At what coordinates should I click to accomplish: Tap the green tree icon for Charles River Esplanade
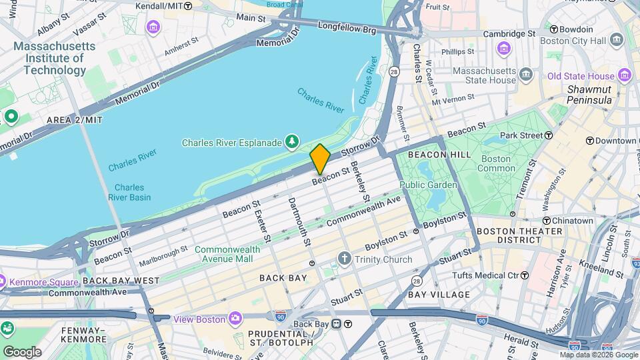(x=291, y=141)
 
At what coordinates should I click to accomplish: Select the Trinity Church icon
(x=344, y=259)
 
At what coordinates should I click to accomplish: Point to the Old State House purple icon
(x=625, y=75)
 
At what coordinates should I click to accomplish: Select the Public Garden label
(x=428, y=185)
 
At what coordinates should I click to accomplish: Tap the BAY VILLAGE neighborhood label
(x=439, y=294)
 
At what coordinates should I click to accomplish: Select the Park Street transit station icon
(x=548, y=135)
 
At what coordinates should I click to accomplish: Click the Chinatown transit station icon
(x=546, y=221)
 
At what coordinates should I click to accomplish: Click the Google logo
(x=22, y=351)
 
